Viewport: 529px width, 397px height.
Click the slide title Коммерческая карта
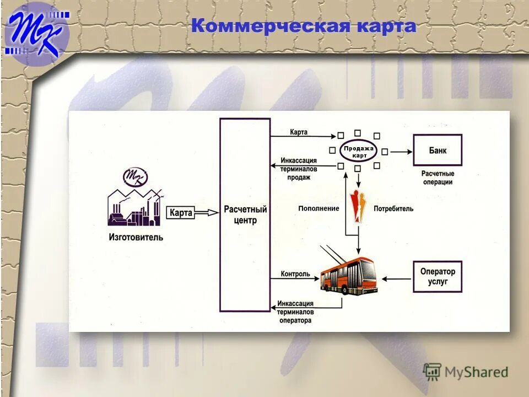[x=304, y=26]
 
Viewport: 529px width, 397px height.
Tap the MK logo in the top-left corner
[x=37, y=32]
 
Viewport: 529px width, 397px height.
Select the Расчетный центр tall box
[x=245, y=215]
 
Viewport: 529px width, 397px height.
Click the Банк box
[x=438, y=150]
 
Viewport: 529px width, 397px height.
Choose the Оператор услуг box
[x=438, y=276]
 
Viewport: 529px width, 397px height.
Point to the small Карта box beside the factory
[x=181, y=213]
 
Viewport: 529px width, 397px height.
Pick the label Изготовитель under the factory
[x=136, y=238]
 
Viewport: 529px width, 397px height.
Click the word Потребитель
[x=393, y=209]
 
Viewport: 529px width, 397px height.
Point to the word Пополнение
[x=319, y=209]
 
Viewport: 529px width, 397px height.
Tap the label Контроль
[x=295, y=273]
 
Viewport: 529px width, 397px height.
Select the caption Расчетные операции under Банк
[x=438, y=178]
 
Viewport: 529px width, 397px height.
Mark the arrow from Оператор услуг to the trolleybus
[x=396, y=279]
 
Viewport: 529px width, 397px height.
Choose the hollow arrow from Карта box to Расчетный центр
[x=207, y=213]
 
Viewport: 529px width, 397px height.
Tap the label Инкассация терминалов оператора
[x=295, y=312]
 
